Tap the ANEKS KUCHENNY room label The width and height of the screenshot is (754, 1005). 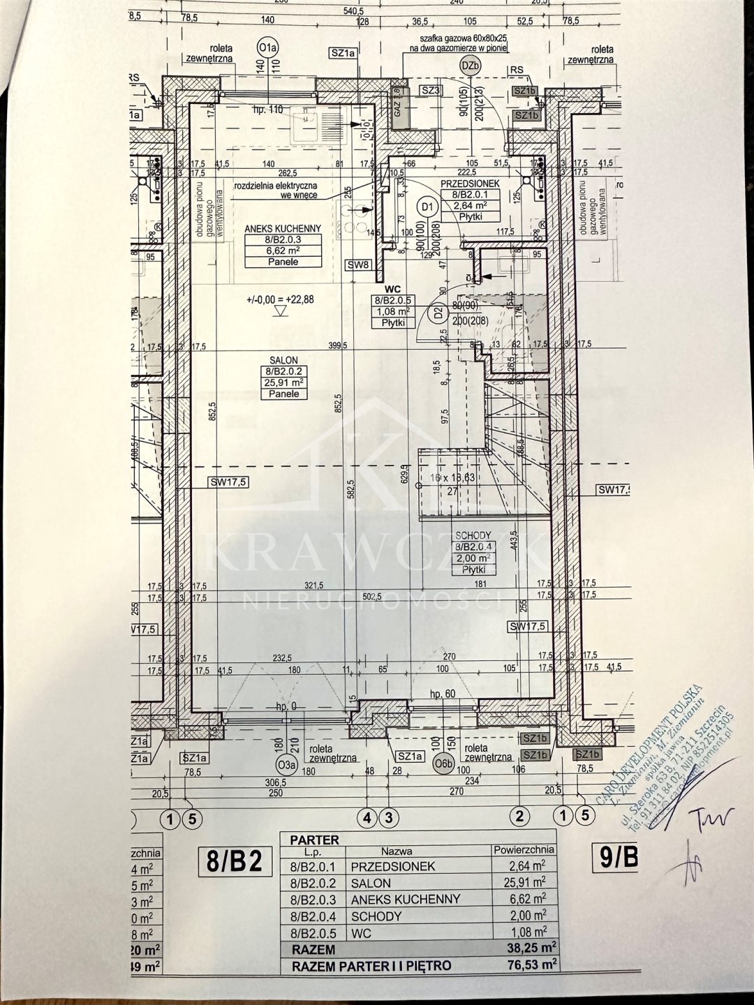coord(283,228)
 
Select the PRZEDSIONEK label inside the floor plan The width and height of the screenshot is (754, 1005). coord(469,184)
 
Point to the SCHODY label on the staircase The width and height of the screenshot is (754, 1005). coord(473,535)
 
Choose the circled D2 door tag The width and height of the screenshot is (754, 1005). coord(438,313)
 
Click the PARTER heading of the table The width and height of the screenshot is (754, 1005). coord(314,840)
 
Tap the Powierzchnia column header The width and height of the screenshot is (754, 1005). coord(524,850)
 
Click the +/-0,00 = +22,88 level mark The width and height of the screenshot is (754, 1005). coord(281,299)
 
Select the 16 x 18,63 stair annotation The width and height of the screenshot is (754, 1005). coord(452,477)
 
